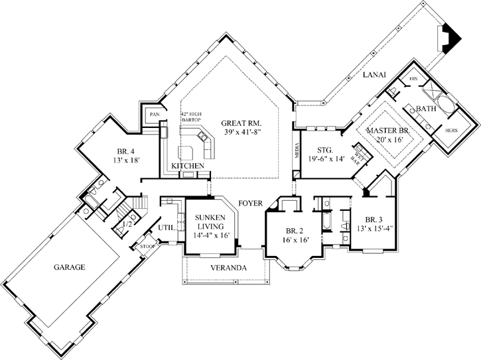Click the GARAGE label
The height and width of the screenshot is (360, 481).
pyautogui.click(x=70, y=267)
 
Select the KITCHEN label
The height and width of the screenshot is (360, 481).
pyautogui.click(x=187, y=165)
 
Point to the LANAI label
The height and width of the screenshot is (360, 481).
pyautogui.click(x=374, y=77)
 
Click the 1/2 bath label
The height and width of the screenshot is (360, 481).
pyautogui.click(x=128, y=225)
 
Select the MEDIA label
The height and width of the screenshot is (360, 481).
pyautogui.click(x=296, y=152)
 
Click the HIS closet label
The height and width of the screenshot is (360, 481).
pyautogui.click(x=413, y=78)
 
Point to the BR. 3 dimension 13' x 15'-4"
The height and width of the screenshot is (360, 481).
pyautogui.click(x=374, y=229)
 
